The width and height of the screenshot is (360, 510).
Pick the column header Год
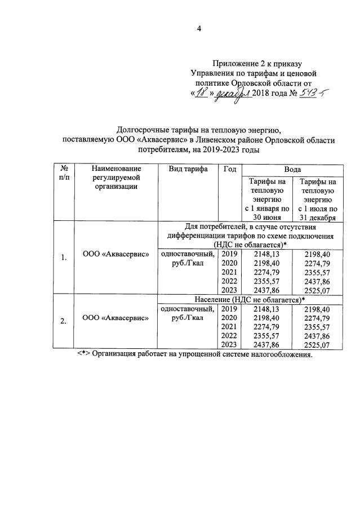[x=229, y=169]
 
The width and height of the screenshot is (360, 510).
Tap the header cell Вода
[x=292, y=169]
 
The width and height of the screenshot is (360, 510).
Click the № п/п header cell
[x=64, y=173]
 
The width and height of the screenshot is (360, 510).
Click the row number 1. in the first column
[x=64, y=258]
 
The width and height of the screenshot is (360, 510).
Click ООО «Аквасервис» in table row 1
[x=116, y=254]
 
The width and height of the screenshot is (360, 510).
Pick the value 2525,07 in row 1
[x=318, y=290]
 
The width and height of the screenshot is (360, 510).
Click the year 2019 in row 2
[x=229, y=309]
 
